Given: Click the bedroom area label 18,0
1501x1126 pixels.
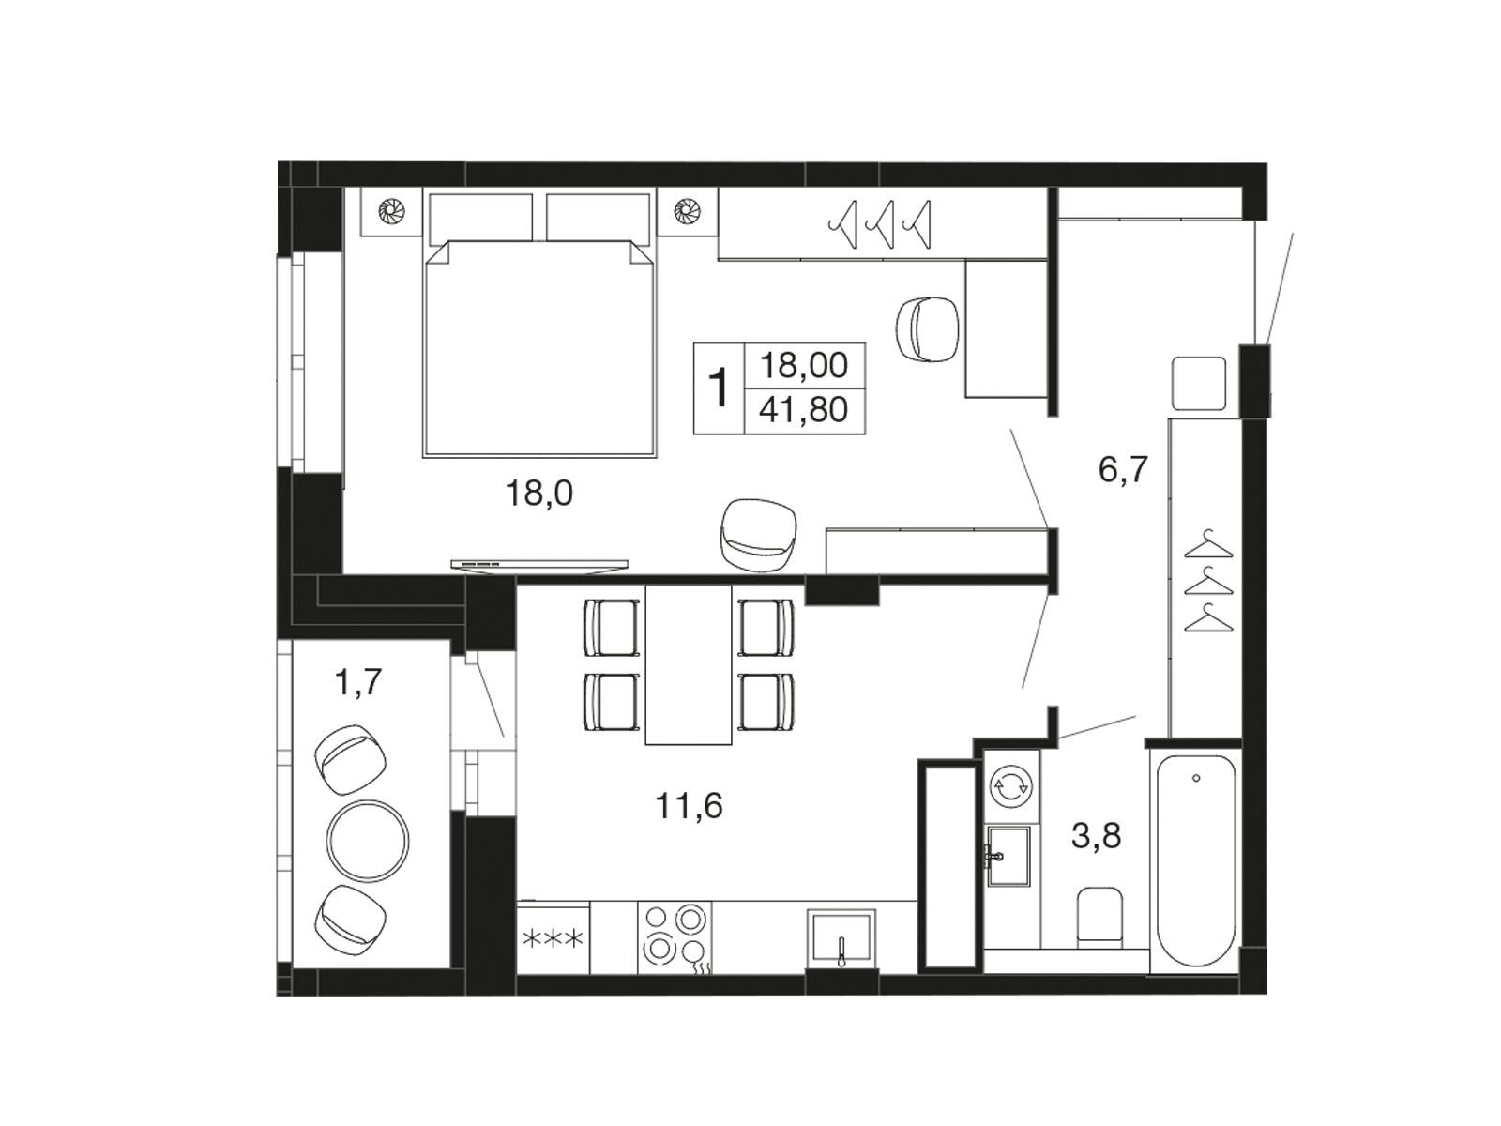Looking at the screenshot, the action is [538, 494].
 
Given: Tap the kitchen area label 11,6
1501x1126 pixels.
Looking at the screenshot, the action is [689, 806].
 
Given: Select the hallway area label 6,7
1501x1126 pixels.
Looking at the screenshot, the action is [1123, 470].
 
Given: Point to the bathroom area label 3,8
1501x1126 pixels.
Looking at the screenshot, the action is [1096, 835].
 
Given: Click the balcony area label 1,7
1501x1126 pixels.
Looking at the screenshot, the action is [357, 681].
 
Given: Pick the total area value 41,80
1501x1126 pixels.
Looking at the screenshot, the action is [803, 410].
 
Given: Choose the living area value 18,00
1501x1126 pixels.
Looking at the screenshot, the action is [803, 366].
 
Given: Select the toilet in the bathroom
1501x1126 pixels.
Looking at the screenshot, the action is [1099, 918].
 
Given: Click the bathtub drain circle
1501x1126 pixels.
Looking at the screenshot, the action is [1196, 778].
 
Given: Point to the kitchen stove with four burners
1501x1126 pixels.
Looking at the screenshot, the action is [675, 936].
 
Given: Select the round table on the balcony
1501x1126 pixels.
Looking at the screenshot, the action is [367, 841].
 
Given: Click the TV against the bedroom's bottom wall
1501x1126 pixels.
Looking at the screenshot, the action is [539, 566].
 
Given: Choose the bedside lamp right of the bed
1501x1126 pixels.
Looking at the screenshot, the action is [687, 210].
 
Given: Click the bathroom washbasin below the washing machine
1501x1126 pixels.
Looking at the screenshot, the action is [1008, 856].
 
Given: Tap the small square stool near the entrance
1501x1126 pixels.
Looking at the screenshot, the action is [1198, 384].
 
